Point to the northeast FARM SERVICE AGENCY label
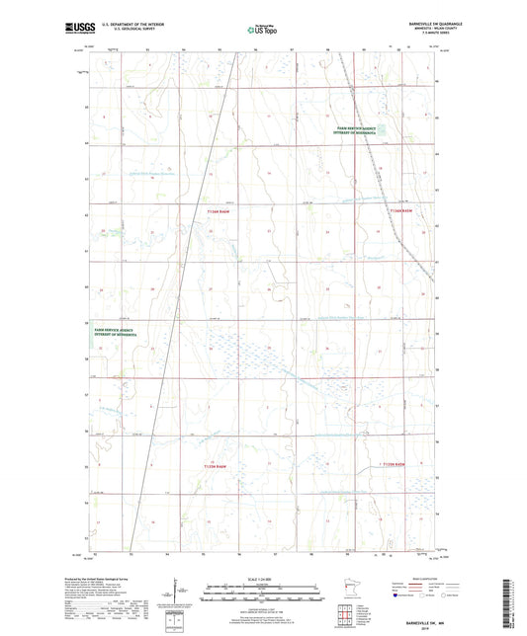[356, 130]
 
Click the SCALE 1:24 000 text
[262, 578]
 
